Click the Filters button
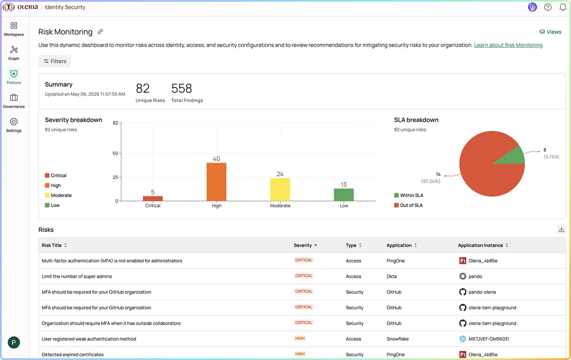[x=55, y=61]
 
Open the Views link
[x=550, y=32]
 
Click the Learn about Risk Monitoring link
[x=508, y=45]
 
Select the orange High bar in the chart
[x=216, y=182]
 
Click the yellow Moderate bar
[x=280, y=190]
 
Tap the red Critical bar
[x=153, y=199]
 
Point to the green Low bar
[x=343, y=195]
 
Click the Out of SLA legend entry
[x=408, y=205]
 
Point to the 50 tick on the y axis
[x=115, y=153]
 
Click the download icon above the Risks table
[x=561, y=229]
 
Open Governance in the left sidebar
[x=14, y=101]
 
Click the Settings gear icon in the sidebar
[x=14, y=122]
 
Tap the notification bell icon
[x=563, y=7]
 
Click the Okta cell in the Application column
[x=391, y=276]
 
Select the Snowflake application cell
[x=397, y=339]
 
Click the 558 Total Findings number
[x=182, y=88]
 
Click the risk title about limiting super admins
[x=77, y=276]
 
